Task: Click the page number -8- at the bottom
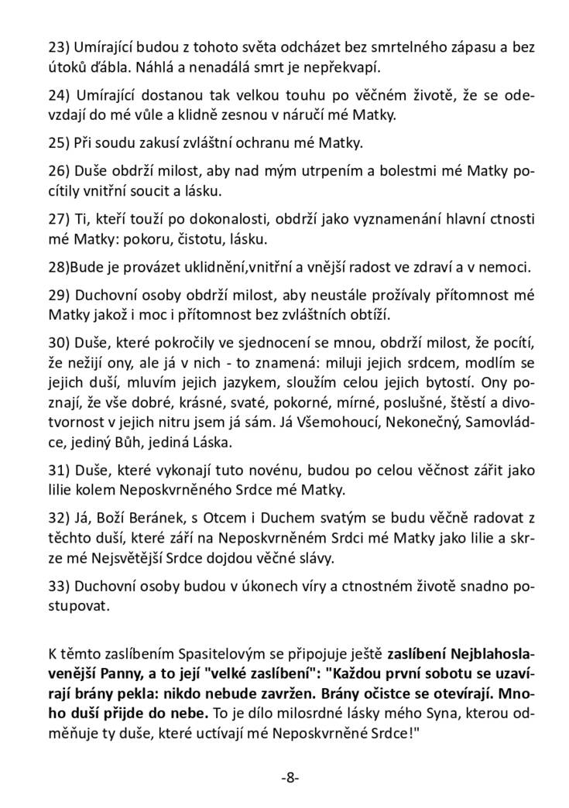(290, 777)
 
